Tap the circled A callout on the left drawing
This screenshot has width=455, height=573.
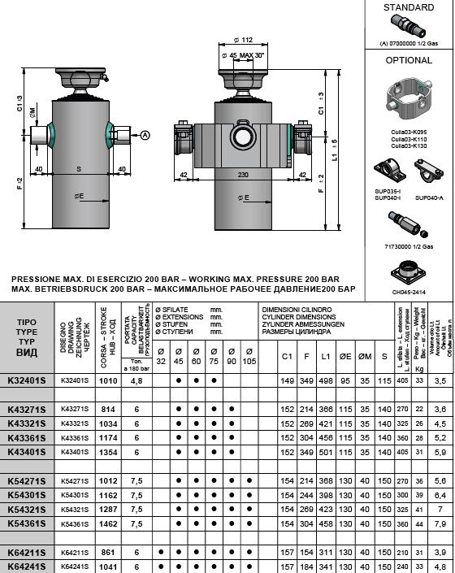click(145, 134)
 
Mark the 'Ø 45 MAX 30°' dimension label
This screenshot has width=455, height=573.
click(245, 55)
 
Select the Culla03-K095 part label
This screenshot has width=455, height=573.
click(409, 132)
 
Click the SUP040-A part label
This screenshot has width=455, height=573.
click(428, 198)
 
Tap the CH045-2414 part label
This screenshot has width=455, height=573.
click(409, 289)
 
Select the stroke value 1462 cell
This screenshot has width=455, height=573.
click(108, 523)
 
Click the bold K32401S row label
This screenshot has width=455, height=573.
click(27, 380)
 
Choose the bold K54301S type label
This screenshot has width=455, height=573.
click(27, 494)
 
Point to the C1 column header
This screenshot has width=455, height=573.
click(286, 356)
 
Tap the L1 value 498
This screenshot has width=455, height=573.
click(325, 380)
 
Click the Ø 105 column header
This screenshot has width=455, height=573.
click(248, 357)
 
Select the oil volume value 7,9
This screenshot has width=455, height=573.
click(440, 523)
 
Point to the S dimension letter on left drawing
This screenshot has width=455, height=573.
click(78, 169)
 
